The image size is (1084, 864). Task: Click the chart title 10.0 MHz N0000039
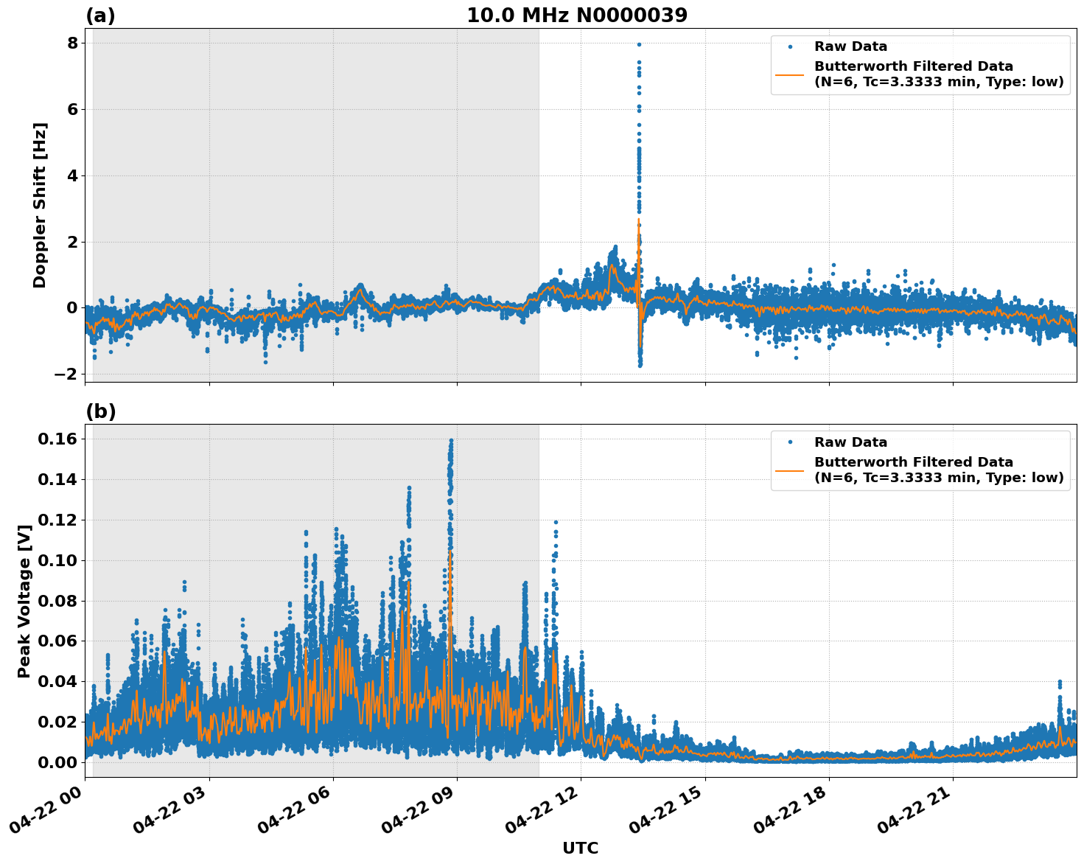point(576,15)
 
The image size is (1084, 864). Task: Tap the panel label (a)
point(100,15)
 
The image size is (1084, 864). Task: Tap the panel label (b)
point(100,411)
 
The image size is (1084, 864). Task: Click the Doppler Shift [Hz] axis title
point(40,205)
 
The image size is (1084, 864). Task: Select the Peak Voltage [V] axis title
point(24,601)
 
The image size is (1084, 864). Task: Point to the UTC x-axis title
point(580,848)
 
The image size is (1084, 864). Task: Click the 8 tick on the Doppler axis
point(72,43)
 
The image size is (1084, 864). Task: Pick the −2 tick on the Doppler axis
point(66,374)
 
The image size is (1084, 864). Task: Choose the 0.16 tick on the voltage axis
point(57,439)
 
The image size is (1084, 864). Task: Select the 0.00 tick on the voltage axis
point(57,762)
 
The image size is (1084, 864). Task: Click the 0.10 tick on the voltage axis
point(57,560)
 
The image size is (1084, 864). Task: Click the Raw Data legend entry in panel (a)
point(850,46)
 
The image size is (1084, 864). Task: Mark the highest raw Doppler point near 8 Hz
point(639,44)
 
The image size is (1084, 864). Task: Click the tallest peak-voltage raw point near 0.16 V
point(451,441)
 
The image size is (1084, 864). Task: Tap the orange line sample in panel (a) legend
point(789,74)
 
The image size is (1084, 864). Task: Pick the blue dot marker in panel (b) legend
point(790,442)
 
